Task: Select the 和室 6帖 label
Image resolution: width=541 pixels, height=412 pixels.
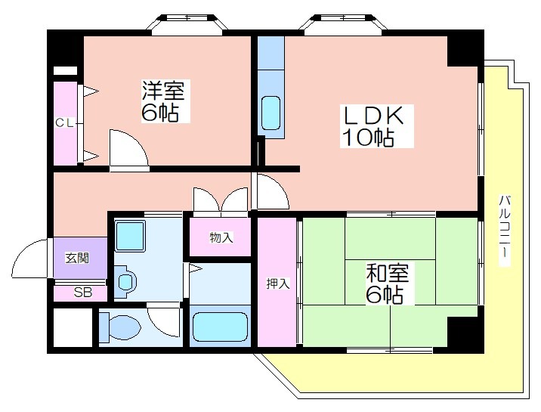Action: click(x=387, y=283)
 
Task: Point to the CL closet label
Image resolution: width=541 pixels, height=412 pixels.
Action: click(x=65, y=122)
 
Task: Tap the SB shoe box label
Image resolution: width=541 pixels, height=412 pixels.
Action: click(x=83, y=293)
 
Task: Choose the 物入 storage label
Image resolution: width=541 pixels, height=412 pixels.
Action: click(x=221, y=237)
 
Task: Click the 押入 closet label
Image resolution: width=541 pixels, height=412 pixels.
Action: click(x=278, y=283)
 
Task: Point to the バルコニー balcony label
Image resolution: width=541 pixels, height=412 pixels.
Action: click(x=505, y=231)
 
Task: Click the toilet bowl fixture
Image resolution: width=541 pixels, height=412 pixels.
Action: click(x=120, y=327)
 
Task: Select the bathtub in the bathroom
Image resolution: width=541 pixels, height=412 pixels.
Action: click(x=221, y=327)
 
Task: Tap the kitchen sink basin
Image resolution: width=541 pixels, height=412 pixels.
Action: click(x=270, y=113)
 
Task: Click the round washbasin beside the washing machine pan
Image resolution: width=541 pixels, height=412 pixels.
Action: click(x=125, y=281)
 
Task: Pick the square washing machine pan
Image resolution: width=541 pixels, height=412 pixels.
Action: click(x=130, y=237)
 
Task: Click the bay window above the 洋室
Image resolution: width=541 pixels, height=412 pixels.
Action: click(x=187, y=23)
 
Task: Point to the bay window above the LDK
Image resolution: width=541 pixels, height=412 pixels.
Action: click(x=343, y=23)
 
